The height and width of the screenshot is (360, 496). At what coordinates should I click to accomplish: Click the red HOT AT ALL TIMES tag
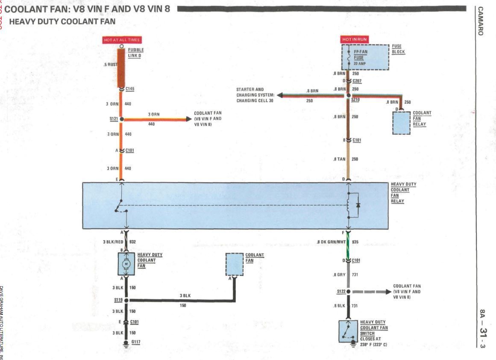click(x=122, y=40)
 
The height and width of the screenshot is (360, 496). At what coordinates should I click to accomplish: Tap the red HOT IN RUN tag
click(x=354, y=39)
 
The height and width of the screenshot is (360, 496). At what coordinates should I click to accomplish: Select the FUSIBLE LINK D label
click(x=135, y=53)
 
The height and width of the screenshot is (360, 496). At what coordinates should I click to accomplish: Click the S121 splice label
click(x=114, y=119)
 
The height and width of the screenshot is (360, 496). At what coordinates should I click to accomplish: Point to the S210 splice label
click(x=355, y=99)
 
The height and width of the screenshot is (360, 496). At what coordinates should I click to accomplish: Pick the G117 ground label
click(x=136, y=342)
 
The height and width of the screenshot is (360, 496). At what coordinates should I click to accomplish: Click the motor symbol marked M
click(x=126, y=264)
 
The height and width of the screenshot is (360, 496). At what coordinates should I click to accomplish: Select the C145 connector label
click(x=130, y=89)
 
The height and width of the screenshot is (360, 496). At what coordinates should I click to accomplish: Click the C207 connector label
click(x=357, y=81)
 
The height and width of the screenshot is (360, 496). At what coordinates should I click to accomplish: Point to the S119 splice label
click(x=113, y=300)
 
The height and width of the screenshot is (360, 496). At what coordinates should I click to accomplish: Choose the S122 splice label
click(x=341, y=291)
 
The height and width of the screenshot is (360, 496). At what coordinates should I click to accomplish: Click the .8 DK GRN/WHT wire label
click(x=331, y=242)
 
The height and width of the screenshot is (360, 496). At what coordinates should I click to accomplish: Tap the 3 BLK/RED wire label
click(x=113, y=242)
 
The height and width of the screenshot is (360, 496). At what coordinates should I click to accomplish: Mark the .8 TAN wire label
click(x=339, y=159)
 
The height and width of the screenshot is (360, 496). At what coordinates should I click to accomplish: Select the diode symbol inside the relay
click(x=358, y=205)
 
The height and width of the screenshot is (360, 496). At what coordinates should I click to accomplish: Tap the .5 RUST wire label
click(x=110, y=65)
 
